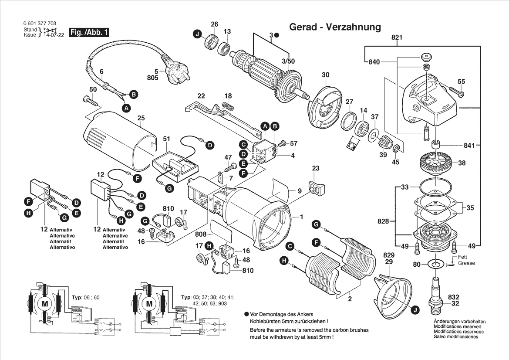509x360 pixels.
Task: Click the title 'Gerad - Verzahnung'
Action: (x=334, y=27)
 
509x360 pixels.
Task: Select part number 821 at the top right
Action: (x=397, y=38)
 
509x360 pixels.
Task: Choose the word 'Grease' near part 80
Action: (x=466, y=263)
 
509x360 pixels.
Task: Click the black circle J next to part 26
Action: (x=198, y=34)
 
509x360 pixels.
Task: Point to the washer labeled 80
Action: (x=435, y=264)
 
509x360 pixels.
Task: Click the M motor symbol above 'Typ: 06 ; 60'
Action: (x=44, y=303)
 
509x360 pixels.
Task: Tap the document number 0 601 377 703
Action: (x=39, y=24)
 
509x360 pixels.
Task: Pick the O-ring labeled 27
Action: (x=349, y=120)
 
